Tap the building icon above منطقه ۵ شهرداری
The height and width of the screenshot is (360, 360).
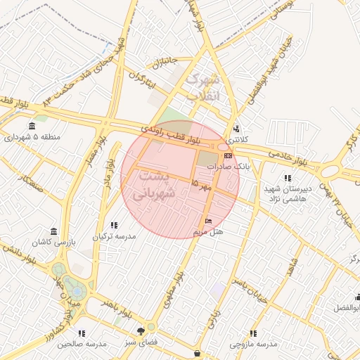tap(31, 127)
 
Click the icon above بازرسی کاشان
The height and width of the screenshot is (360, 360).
tap(54, 231)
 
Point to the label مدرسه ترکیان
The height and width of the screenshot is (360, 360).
tap(115, 236)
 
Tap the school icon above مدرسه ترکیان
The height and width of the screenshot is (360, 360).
tap(115, 225)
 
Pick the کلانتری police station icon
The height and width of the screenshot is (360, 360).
tap(236, 129)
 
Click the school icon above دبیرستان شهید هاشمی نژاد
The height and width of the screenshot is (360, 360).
tap(286, 179)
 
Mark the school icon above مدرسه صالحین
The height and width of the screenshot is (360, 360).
tap(82, 333)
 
